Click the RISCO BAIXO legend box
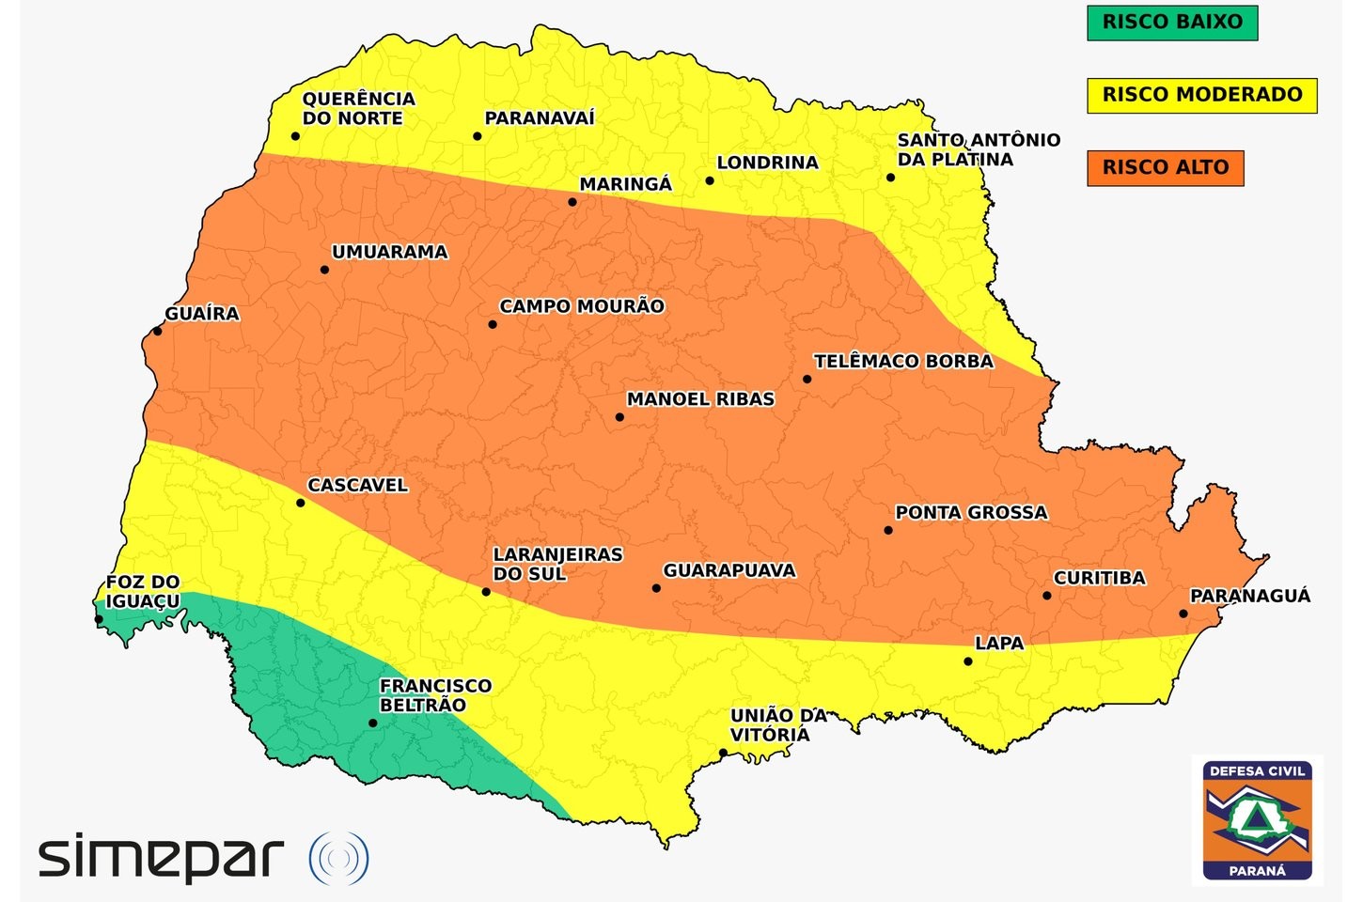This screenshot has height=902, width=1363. tap(1171, 23)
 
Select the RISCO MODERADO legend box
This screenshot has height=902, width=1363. tap(1201, 95)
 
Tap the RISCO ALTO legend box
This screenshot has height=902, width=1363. tap(1165, 168)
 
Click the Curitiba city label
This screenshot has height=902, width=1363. tap(1099, 578)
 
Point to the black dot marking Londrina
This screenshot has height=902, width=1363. tap(710, 180)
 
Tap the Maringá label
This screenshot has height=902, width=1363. tap(625, 184)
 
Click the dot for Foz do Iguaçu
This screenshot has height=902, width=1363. tap(99, 619)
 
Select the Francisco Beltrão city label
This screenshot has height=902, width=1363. tap(434, 695)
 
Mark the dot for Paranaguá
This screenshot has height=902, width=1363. tap(1183, 614)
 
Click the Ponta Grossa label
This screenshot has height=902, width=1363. tap(970, 512)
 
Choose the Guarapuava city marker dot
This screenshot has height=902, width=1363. tap(656, 588)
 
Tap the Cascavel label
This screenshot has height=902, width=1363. tap(357, 485)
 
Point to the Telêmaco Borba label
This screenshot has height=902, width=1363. tap(902, 361)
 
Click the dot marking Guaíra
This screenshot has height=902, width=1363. tap(157, 331)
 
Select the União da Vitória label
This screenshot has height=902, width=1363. tap(777, 724)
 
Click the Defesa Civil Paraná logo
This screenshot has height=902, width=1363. tap(1257, 820)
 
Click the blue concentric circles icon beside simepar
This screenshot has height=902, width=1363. tap(338, 858)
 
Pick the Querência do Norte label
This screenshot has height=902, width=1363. tap(357, 108)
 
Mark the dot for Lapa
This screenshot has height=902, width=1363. tap(968, 661)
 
